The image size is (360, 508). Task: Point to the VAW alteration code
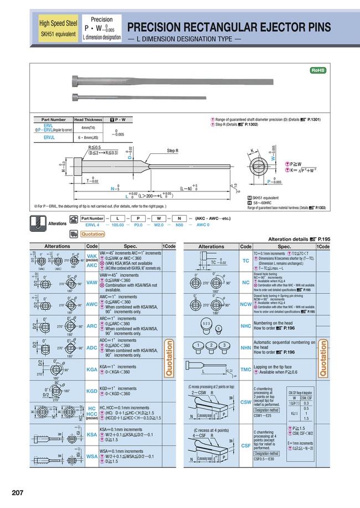pyautogui.click(x=92, y=282)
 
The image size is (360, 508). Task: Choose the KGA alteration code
pyautogui.click(x=92, y=369)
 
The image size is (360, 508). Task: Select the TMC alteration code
pyautogui.click(x=246, y=369)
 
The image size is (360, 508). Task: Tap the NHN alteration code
pyautogui.click(x=246, y=348)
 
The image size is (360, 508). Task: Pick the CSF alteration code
pyautogui.click(x=246, y=445)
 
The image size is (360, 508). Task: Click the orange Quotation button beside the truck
pyautogui.click(x=92, y=234)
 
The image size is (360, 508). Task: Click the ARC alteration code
pyautogui.click(x=92, y=326)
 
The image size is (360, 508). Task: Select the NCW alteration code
pyautogui.click(x=246, y=304)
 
